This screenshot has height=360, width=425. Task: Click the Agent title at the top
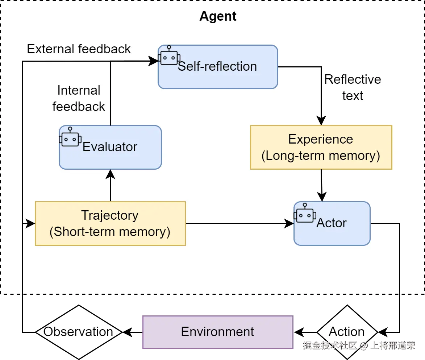pyautogui.click(x=218, y=16)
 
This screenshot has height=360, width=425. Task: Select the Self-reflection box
pyautogui.click(x=218, y=67)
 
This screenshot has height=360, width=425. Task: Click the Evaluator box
pyautogui.click(x=110, y=147)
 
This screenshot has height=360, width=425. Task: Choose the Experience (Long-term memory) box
pyautogui.click(x=321, y=147)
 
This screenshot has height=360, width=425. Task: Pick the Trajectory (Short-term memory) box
pyautogui.click(x=110, y=223)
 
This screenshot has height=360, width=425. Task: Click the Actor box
pyautogui.click(x=332, y=223)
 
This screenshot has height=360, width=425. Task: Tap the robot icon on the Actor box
pyautogui.click(x=305, y=213)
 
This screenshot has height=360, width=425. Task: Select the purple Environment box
pyautogui.click(x=218, y=332)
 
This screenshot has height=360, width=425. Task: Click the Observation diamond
pyautogui.click(x=78, y=332)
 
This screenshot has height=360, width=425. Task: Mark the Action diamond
pyautogui.click(x=347, y=332)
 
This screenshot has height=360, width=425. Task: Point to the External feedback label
pyautogui.click(x=79, y=49)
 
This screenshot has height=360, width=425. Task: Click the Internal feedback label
pyautogui.click(x=79, y=99)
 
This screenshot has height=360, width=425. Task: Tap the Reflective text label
pyautogui.click(x=353, y=88)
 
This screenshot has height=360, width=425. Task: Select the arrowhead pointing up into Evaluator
pyautogui.click(x=110, y=174)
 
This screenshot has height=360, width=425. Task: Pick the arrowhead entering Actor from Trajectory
pyautogui.click(x=289, y=223)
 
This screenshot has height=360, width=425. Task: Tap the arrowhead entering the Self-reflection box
pyautogui.click(x=154, y=62)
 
